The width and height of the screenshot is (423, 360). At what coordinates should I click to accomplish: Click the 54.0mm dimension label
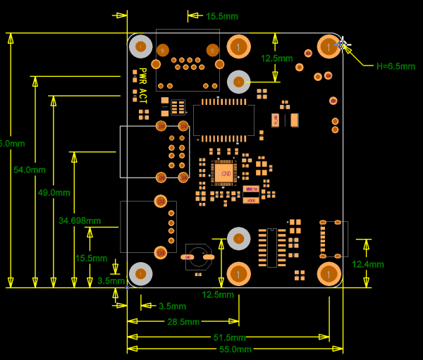coord(29,170)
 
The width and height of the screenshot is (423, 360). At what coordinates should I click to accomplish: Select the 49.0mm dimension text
coord(54,192)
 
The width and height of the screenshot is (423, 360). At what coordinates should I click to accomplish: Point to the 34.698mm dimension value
coord(80,221)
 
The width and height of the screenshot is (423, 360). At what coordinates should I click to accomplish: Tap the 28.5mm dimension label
coord(183,322)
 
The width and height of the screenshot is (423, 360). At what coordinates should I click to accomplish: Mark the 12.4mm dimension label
coord(367,264)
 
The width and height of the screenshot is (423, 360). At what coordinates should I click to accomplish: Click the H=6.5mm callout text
coord(396,66)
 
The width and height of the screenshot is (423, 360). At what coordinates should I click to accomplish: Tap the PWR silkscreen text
coord(142,76)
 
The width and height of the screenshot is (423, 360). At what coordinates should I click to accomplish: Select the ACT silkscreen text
coord(142,96)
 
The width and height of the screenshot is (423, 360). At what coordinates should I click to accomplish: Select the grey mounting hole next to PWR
coord(141,46)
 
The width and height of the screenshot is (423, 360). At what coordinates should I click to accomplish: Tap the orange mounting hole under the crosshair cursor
coord(329,46)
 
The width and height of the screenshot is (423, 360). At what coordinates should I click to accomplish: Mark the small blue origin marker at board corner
coord(127,287)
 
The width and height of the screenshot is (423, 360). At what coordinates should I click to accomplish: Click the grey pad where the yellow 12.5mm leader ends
coord(239,82)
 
